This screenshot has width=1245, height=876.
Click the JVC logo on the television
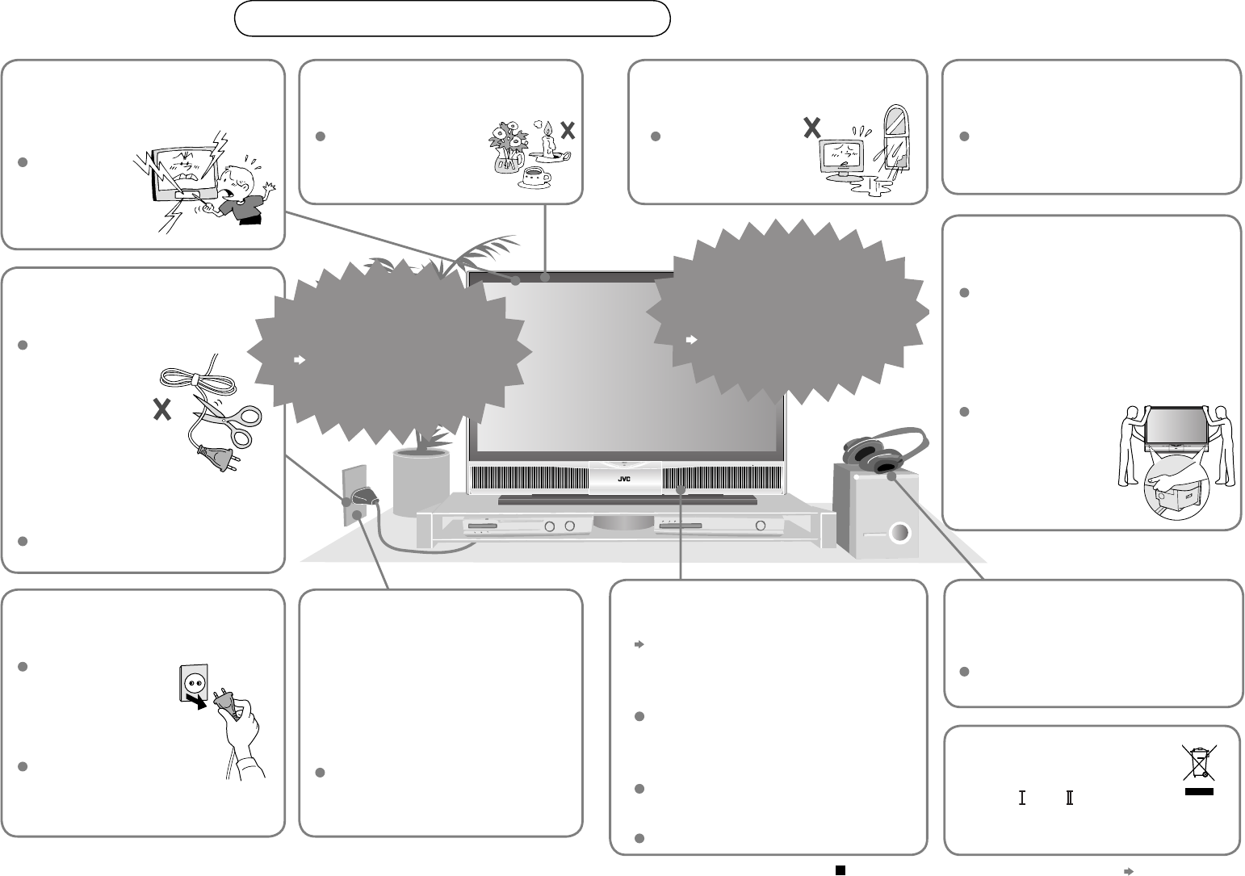click(x=623, y=478)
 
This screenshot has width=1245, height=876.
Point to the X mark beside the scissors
click(x=162, y=410)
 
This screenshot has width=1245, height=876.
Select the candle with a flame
click(x=548, y=141)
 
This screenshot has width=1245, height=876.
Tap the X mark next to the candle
click(x=568, y=132)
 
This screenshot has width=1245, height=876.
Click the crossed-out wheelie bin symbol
click(x=1200, y=763)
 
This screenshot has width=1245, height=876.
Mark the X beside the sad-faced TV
click(x=811, y=127)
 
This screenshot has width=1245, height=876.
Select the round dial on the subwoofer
click(x=899, y=534)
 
